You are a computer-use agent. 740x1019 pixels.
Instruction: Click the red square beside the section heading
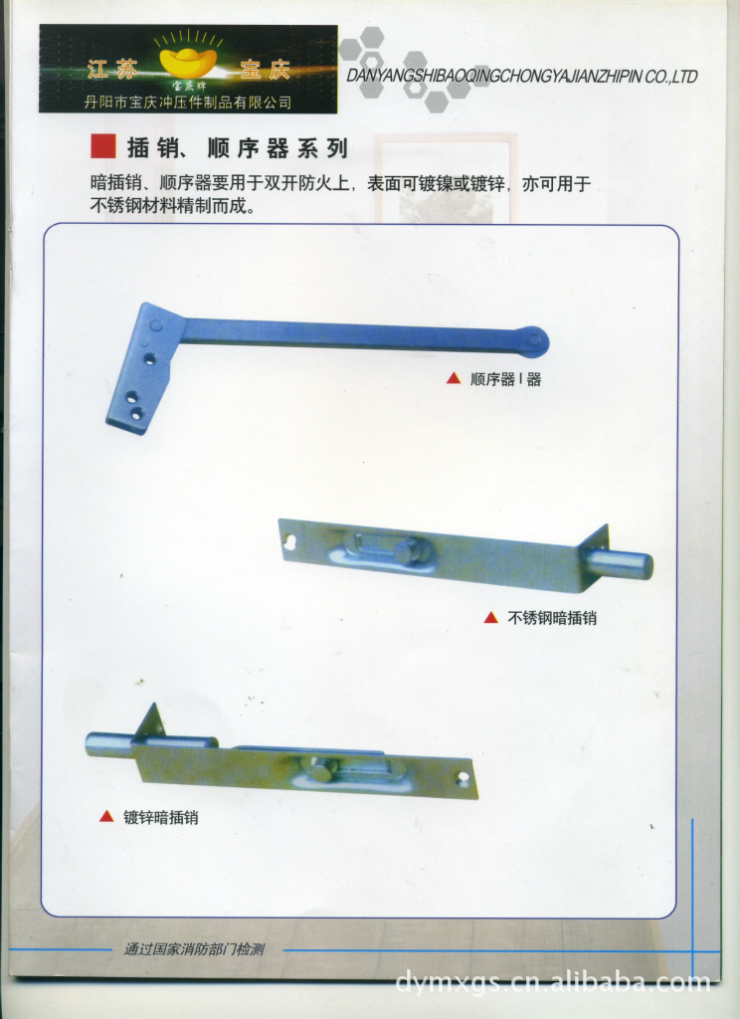(103, 147)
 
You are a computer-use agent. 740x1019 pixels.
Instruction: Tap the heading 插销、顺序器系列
(238, 148)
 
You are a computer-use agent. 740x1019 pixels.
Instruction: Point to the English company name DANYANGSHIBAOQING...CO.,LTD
(522, 77)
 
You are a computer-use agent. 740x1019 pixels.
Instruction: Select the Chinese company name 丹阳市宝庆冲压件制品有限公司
(188, 102)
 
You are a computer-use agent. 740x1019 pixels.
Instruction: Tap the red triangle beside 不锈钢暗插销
(491, 617)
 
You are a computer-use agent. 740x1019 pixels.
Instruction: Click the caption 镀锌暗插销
(160, 817)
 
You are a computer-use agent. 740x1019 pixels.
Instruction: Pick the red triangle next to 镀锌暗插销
(106, 816)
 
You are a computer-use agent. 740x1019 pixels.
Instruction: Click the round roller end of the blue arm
(535, 340)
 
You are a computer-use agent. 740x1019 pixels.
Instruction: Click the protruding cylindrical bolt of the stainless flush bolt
(622, 563)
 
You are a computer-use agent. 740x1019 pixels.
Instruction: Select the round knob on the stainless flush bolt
(408, 553)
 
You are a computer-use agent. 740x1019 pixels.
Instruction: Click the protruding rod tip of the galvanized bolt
(109, 744)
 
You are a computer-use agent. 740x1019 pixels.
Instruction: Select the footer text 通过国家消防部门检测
(194, 949)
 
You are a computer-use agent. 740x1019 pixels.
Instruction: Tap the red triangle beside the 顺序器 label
(454, 378)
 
